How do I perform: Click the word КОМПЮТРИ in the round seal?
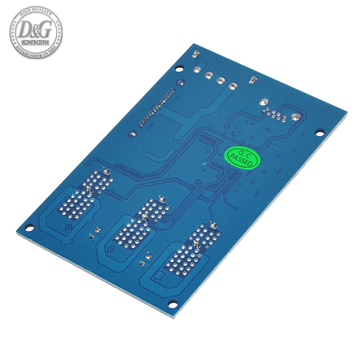36,42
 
